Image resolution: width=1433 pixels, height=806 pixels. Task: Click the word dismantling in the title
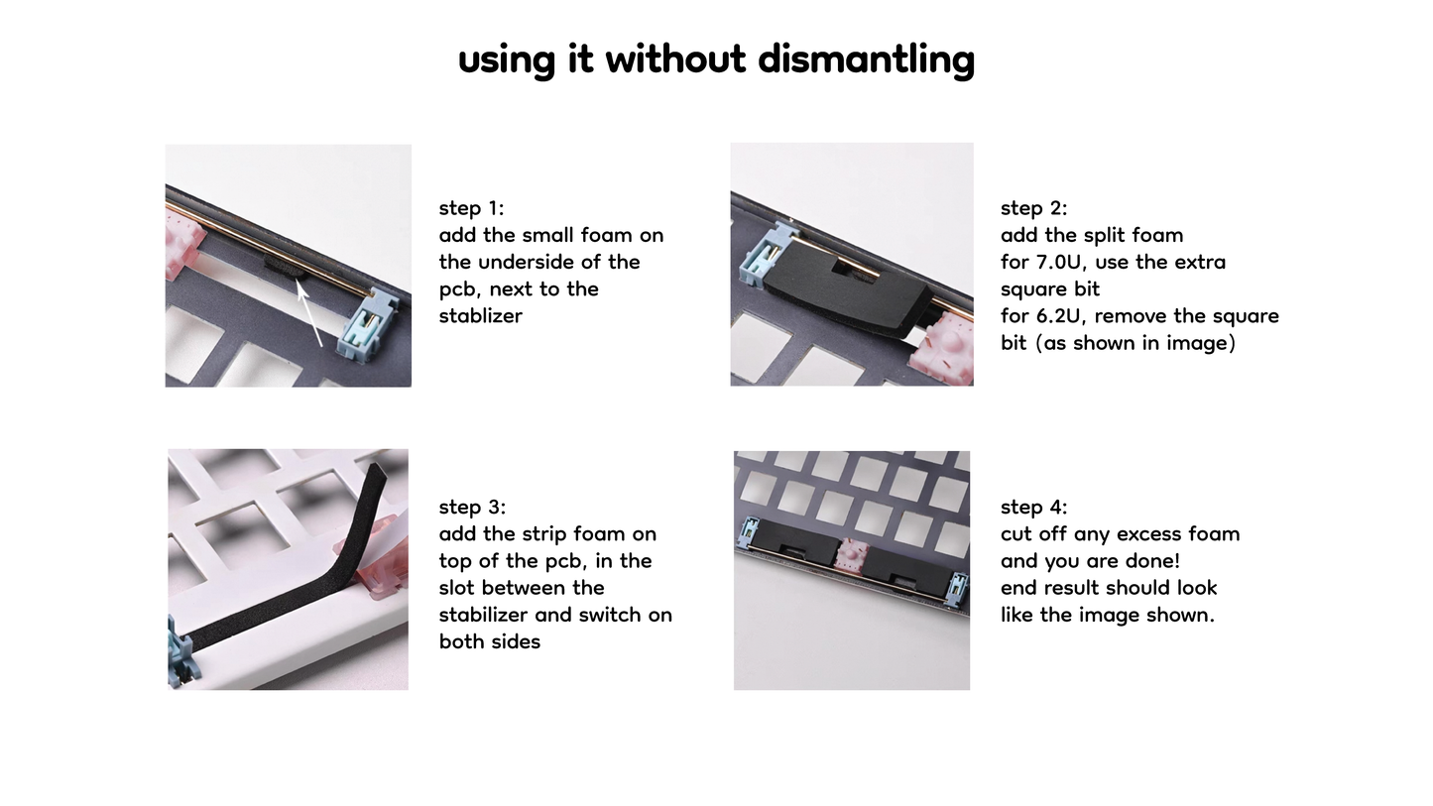pyautogui.click(x=866, y=58)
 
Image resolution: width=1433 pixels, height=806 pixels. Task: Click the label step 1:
pyautogui.click(x=471, y=208)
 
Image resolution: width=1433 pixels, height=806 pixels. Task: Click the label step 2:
pyautogui.click(x=1033, y=208)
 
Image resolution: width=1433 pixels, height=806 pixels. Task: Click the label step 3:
pyautogui.click(x=472, y=507)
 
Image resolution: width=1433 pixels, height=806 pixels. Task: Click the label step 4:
pyautogui.click(x=1033, y=507)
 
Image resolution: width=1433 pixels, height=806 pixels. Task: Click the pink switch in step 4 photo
pyautogui.click(x=852, y=557)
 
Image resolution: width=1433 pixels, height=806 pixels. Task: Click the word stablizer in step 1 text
pyautogui.click(x=480, y=316)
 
